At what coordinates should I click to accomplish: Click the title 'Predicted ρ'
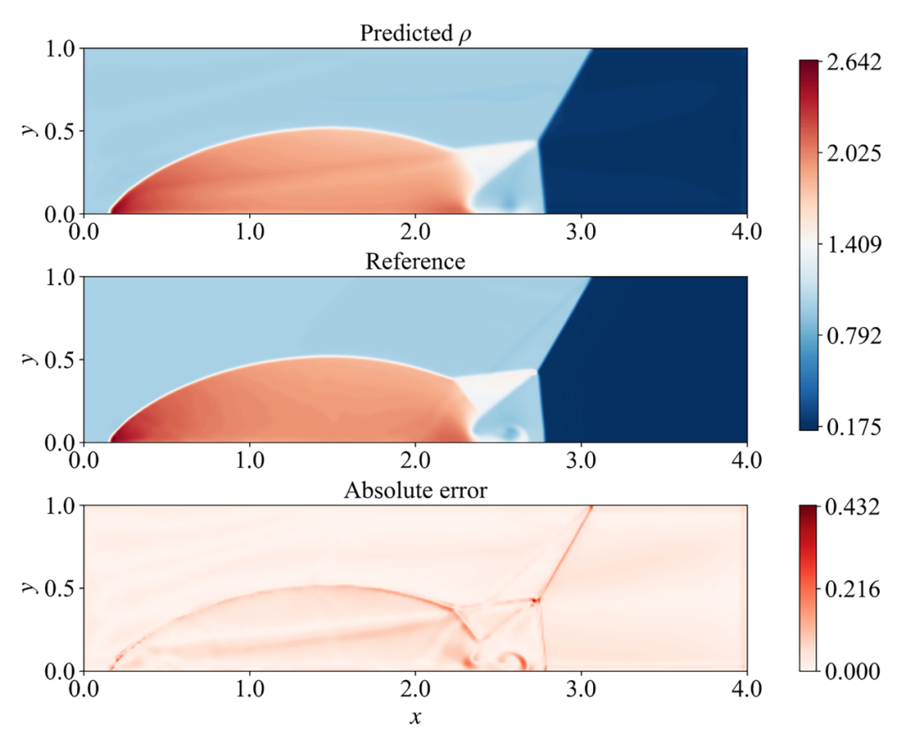click(x=415, y=34)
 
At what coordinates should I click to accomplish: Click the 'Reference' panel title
click(x=415, y=262)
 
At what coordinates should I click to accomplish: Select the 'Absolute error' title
click(x=415, y=491)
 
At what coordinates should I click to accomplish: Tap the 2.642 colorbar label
click(x=851, y=64)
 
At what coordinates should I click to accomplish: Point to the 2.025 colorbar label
click(x=851, y=154)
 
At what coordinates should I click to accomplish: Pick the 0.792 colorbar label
click(x=851, y=336)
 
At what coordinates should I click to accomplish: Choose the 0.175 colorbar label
click(x=851, y=427)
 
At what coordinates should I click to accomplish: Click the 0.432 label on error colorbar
click(x=851, y=507)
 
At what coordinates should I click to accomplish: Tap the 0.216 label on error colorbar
click(x=851, y=589)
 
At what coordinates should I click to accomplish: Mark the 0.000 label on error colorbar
click(x=851, y=671)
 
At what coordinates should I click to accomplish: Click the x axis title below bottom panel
click(x=415, y=718)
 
